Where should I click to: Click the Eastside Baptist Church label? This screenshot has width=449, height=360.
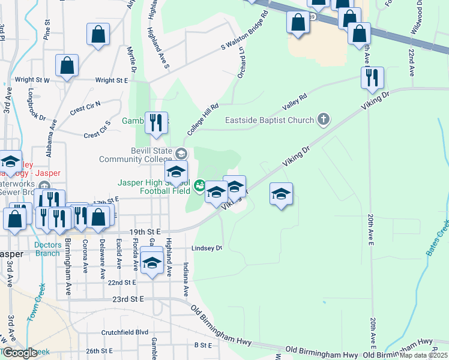click(270, 120)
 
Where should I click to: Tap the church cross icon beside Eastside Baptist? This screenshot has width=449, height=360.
click(324, 119)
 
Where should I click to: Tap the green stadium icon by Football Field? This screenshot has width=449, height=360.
click(200, 186)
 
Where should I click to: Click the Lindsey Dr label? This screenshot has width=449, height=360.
click(206, 248)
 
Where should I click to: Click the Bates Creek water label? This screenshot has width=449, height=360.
click(438, 237)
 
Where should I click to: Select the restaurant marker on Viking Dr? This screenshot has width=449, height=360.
click(372, 78)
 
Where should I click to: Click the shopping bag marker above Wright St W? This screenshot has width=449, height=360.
click(68, 66)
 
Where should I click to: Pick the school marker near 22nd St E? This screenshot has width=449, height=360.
click(152, 263)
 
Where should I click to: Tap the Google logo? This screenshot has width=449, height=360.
click(19, 353)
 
